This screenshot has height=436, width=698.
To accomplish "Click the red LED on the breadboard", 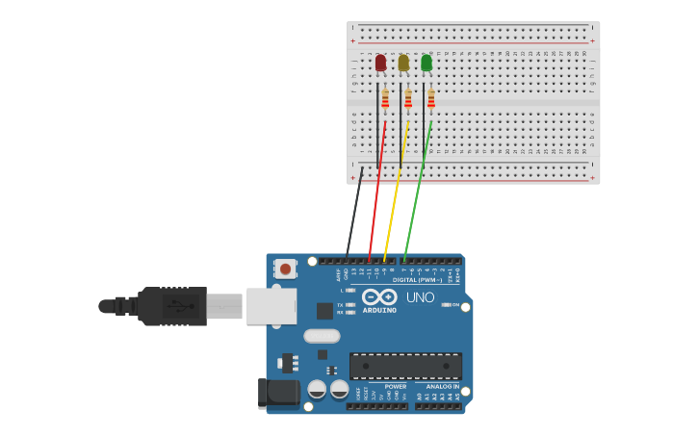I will point(380,63).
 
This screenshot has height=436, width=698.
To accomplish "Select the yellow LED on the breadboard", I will point(403,63).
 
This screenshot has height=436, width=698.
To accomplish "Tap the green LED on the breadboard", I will point(427,63).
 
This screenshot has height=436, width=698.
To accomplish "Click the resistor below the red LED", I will point(385,99).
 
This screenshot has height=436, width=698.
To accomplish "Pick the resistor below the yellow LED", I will point(408,99).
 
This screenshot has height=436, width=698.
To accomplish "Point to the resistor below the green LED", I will point(431,99).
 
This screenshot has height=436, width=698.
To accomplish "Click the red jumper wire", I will point(377,192).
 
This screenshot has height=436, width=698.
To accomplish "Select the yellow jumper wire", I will point(396,192).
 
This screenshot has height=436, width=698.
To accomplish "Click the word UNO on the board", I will point(420,298).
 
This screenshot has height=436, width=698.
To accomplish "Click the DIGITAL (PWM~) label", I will point(418,280).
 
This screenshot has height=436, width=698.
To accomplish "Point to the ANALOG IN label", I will point(443,386).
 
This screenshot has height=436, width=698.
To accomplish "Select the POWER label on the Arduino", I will point(396,386).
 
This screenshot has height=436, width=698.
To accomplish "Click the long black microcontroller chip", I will point(405,366).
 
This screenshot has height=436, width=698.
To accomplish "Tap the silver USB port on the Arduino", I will point(271,306).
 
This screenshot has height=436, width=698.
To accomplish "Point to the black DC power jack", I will point(280,392).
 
